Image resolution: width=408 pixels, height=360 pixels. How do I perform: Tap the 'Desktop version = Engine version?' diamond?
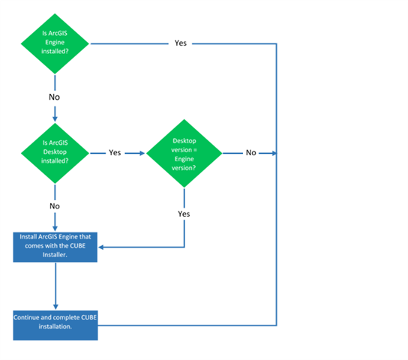pos(184,152)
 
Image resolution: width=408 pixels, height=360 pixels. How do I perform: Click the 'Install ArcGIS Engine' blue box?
pos(55,247)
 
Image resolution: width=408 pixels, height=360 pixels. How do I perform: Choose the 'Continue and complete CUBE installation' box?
pos(55,324)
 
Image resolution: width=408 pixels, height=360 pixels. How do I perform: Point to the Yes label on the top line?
pos(181,43)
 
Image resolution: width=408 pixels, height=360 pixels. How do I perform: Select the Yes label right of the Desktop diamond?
pos(115,152)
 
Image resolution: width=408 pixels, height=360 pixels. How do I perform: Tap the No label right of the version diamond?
pos(250,152)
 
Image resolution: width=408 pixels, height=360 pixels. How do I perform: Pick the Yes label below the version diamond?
pos(184,214)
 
